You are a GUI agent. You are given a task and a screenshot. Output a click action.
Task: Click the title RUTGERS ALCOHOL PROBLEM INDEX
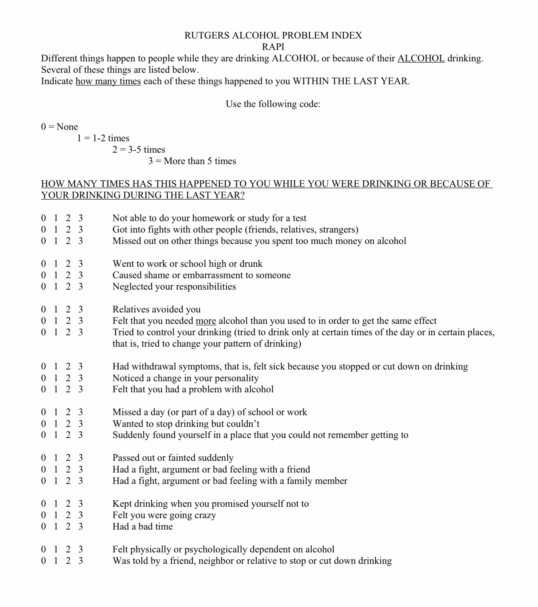click(273, 35)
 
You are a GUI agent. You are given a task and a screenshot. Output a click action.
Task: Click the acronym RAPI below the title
click(273, 47)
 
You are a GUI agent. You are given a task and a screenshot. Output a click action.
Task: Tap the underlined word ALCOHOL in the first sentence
click(421, 58)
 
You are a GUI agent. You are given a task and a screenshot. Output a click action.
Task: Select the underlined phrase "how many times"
click(108, 81)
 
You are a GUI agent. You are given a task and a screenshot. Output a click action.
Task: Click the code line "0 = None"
click(59, 127)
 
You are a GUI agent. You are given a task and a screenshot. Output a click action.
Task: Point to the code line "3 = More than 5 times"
click(192, 161)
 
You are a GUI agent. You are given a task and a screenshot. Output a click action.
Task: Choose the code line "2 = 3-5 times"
click(139, 150)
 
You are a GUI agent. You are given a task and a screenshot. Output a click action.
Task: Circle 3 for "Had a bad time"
click(80, 526)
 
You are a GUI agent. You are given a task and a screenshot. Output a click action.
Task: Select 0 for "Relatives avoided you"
click(43, 309)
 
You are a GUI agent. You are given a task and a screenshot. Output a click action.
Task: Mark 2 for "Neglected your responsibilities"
click(68, 287)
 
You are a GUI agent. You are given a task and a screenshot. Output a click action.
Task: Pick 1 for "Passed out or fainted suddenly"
click(56, 458)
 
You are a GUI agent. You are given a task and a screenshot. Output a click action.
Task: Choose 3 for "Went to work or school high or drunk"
click(80, 264)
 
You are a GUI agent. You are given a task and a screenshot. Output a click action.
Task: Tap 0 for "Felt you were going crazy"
click(43, 515)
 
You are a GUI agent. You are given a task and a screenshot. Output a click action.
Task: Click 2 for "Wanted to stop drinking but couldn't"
click(68, 424)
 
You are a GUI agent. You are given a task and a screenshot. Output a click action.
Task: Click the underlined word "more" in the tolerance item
click(206, 321)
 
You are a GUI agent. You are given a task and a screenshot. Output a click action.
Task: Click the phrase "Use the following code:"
click(273, 104)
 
